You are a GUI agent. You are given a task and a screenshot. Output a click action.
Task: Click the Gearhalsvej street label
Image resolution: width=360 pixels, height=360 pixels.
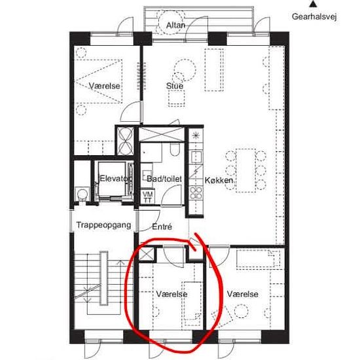tap(314, 17)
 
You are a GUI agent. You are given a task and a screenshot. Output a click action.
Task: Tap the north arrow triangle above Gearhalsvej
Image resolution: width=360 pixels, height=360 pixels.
tap(312, 4)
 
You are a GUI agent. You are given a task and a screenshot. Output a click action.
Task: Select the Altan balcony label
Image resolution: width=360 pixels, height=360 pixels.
tap(175, 26)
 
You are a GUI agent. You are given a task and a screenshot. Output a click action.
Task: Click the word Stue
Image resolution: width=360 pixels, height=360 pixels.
tap(175, 86)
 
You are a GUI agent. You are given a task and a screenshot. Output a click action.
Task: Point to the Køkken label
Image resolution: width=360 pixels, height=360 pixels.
tap(219, 181)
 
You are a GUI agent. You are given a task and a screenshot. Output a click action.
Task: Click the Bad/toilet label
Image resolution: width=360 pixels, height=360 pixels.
tap(164, 179)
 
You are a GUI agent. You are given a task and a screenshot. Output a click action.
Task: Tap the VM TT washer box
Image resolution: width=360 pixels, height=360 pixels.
tap(147, 197)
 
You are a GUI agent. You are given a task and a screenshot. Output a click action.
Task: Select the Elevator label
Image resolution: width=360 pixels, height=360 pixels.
tap(113, 179)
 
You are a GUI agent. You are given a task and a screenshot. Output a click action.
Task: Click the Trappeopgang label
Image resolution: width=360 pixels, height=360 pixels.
tap(104, 225)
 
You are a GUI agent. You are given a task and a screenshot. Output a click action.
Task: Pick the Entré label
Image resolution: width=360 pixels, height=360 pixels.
tap(162, 227)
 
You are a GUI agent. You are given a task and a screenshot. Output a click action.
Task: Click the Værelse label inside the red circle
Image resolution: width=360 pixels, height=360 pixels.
tap(171, 294)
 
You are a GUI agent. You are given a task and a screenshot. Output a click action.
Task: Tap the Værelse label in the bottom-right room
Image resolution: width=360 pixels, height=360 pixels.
tap(243, 294)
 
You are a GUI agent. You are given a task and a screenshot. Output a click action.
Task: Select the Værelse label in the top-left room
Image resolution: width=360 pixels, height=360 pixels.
tap(105, 86)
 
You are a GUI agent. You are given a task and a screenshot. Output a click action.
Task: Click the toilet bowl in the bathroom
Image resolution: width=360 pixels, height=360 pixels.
tap(175, 151)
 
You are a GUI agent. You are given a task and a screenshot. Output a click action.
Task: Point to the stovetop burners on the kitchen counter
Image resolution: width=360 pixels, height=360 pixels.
tap(196, 193)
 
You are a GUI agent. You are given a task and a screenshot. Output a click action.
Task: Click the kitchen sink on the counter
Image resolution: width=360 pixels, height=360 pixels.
tap(196, 156)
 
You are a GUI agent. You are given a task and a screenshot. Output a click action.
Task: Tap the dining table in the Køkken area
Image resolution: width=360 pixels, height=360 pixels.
tap(245, 171)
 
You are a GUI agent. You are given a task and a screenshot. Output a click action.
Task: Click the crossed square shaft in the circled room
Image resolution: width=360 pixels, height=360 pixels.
tap(146, 255)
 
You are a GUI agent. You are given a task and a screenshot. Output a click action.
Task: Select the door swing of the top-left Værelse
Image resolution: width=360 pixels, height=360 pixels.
tap(130, 111)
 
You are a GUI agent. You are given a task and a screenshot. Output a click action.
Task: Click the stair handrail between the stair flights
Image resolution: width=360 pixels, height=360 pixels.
tap(104, 278)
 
